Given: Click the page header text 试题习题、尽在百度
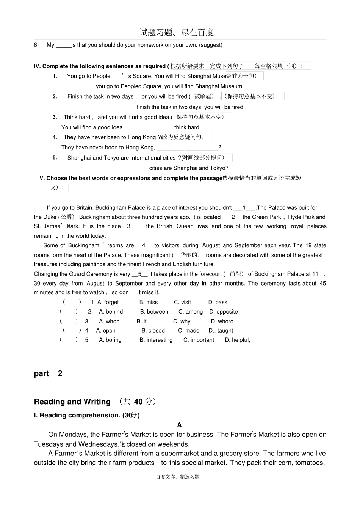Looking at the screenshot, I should coord(177,33).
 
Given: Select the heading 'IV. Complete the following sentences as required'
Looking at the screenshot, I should coord(100,66).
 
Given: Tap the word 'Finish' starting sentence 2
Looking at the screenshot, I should coord(75,97).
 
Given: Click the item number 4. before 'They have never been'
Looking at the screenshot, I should coord(55,137).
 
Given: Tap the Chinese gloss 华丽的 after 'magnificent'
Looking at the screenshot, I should coord(188,255).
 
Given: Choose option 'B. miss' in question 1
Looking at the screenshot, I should coord(149,302).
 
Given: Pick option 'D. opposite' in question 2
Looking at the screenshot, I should coord(224,312).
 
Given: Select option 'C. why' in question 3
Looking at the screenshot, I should coord(182,321).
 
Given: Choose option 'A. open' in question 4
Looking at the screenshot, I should coord(106,331).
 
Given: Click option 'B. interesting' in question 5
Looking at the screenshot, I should coord(156,340).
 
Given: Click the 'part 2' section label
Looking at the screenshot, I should coord(48,373).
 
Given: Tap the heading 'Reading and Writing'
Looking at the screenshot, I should coord(72,402).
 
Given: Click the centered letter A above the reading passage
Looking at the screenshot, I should coord(179,425).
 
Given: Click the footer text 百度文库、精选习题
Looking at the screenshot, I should coord(177,477).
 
